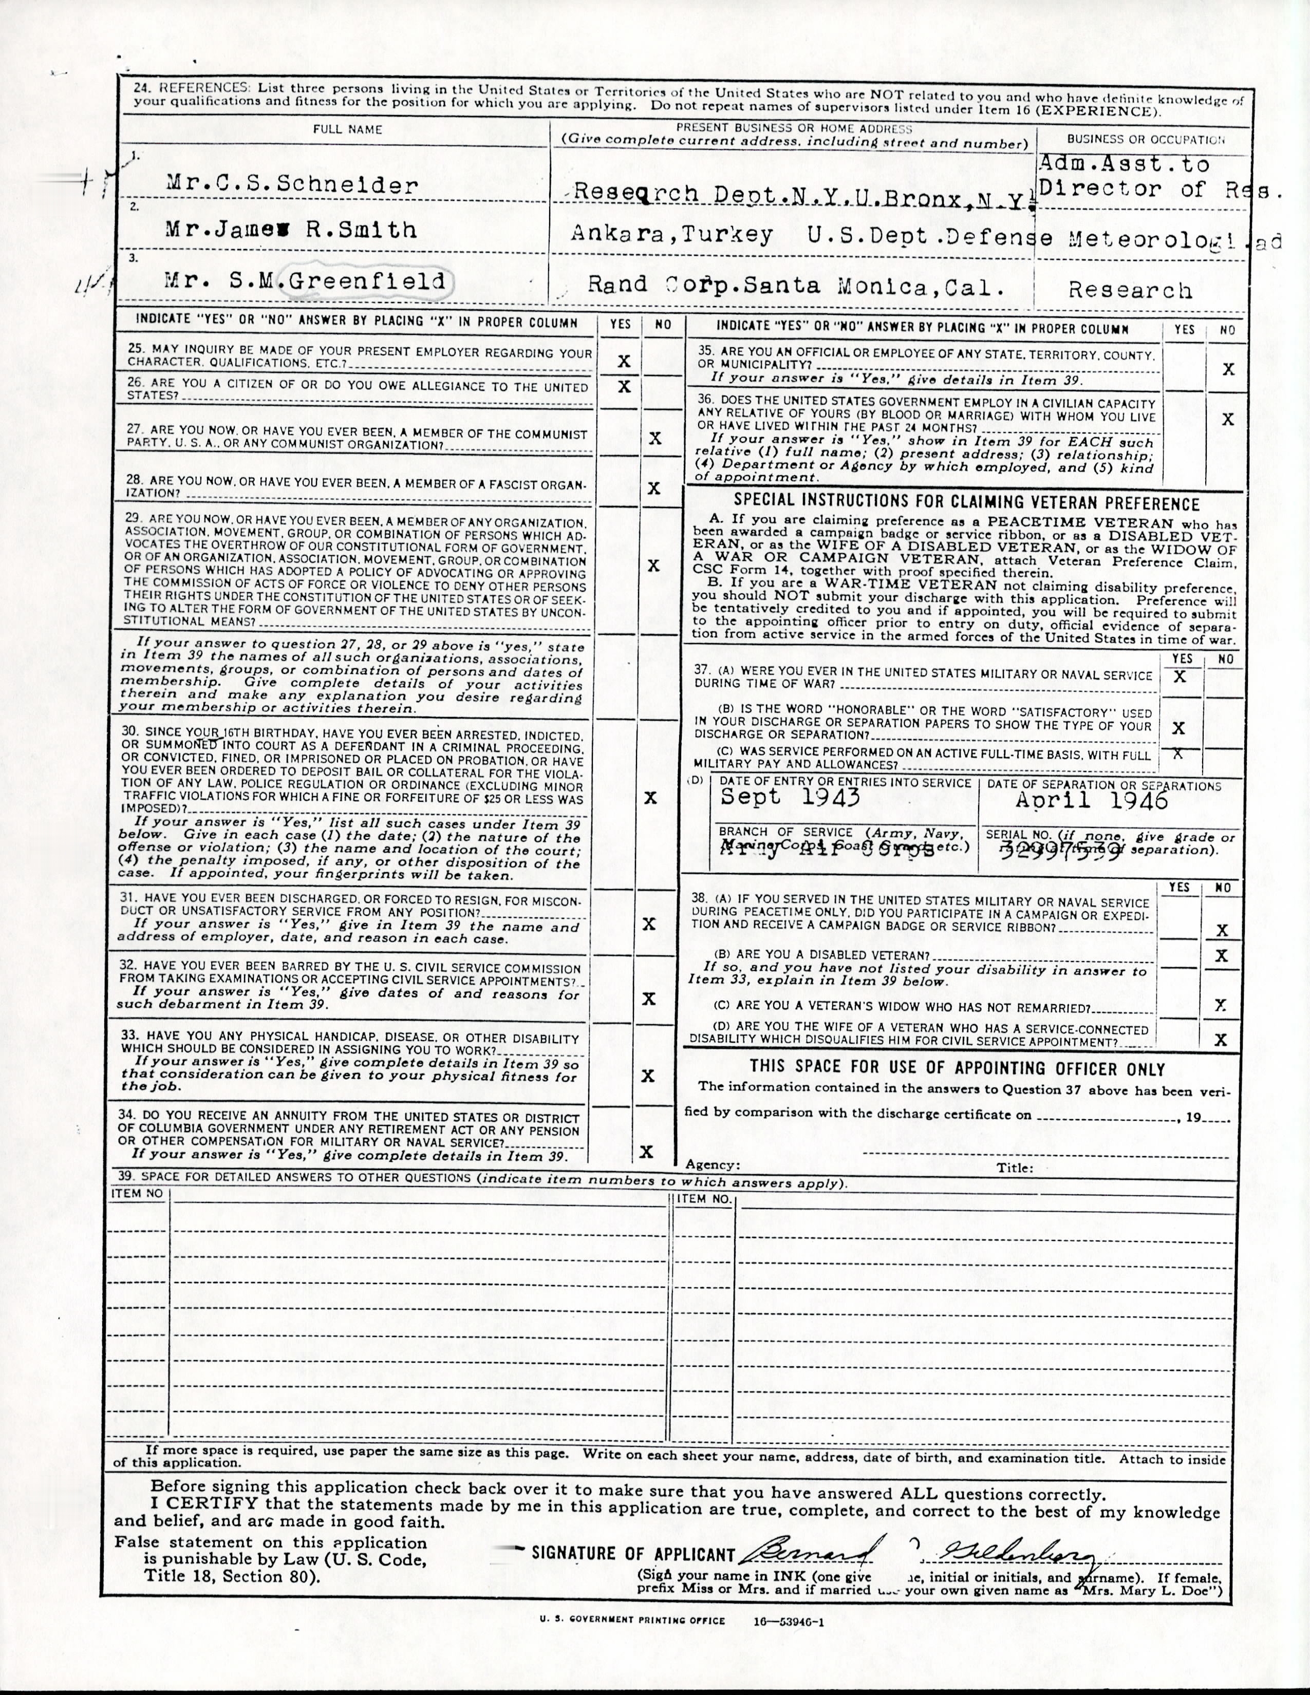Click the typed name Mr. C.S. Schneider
click(292, 185)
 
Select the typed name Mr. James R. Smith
click(291, 230)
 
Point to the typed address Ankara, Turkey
click(671, 235)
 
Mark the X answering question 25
click(623, 361)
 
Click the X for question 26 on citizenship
click(623, 386)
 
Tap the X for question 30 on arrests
click(650, 798)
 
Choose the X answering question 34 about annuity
click(646, 1152)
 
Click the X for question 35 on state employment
click(1228, 369)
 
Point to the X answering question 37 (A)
click(1180, 676)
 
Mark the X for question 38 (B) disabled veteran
click(1222, 955)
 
